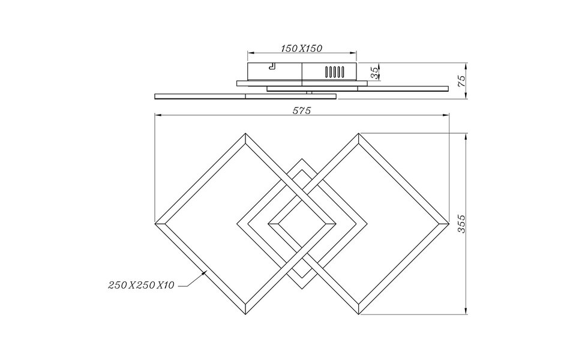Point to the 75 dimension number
(x=461, y=81)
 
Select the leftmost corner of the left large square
(x=155, y=223)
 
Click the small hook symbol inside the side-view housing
(x=272, y=66)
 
